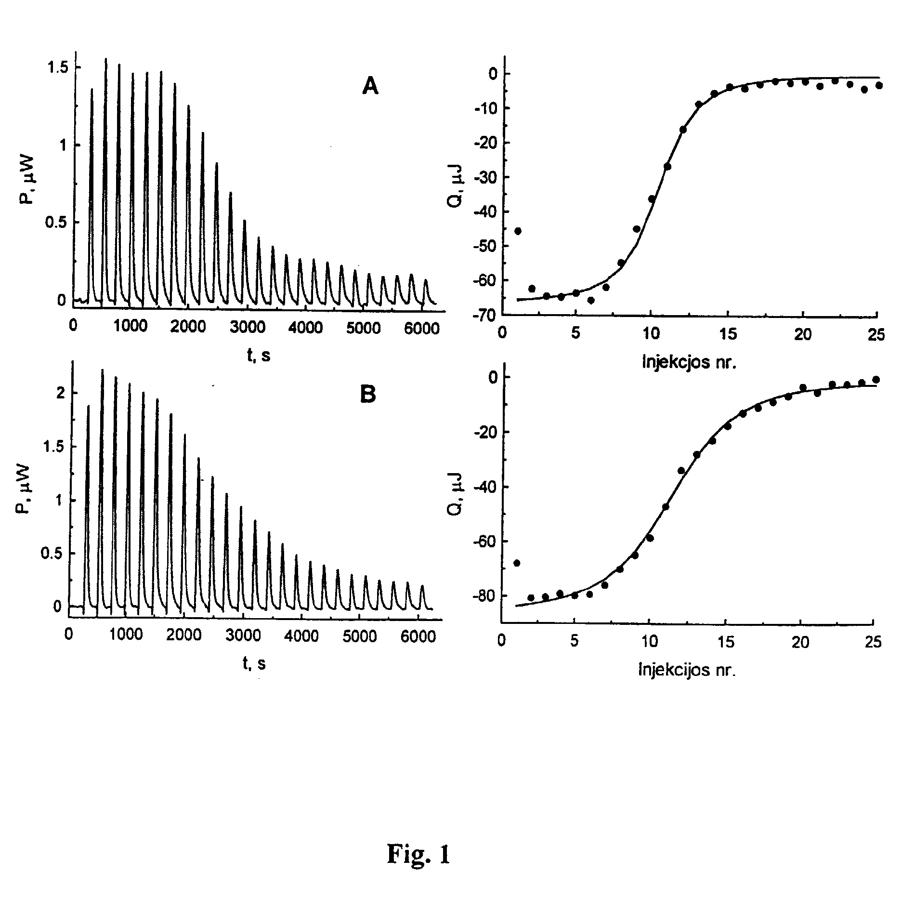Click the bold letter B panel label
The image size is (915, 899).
click(x=368, y=395)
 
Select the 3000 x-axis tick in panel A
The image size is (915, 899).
click(x=247, y=327)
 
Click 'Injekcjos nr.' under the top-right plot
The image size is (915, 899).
click(x=690, y=362)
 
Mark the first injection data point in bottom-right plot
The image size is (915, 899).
click(x=517, y=563)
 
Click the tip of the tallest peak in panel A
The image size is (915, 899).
click(x=105, y=59)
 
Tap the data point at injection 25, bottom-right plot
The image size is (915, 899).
click(x=876, y=380)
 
